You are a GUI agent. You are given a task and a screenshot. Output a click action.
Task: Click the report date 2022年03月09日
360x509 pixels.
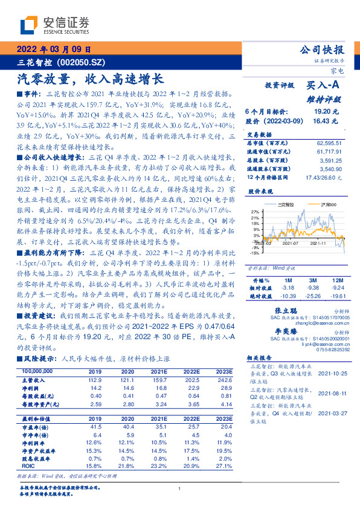[x=54, y=50]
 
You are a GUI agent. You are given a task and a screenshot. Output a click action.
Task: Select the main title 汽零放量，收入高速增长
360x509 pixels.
[x=90, y=79]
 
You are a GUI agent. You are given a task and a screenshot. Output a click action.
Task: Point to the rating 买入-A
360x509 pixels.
[x=324, y=86]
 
